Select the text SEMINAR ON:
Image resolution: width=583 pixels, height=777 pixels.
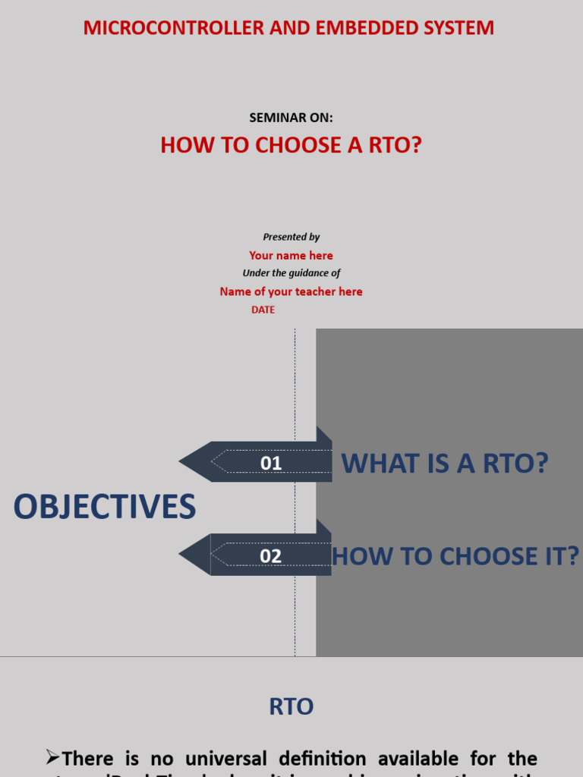tap(291, 118)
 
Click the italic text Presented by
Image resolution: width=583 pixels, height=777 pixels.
tap(291, 237)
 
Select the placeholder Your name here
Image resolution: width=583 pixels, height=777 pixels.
tap(291, 256)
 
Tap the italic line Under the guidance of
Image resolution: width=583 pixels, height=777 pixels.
tap(291, 273)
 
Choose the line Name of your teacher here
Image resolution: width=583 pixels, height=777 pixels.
tap(291, 291)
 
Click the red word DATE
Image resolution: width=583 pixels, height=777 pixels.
tap(263, 310)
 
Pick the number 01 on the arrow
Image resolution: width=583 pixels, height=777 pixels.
tap(271, 463)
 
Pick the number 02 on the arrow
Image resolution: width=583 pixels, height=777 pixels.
tap(271, 555)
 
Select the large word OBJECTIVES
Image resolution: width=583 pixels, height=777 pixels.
tap(105, 507)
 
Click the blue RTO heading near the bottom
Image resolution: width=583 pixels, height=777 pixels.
tap(291, 707)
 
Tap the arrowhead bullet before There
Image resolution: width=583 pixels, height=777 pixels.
tap(52, 757)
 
